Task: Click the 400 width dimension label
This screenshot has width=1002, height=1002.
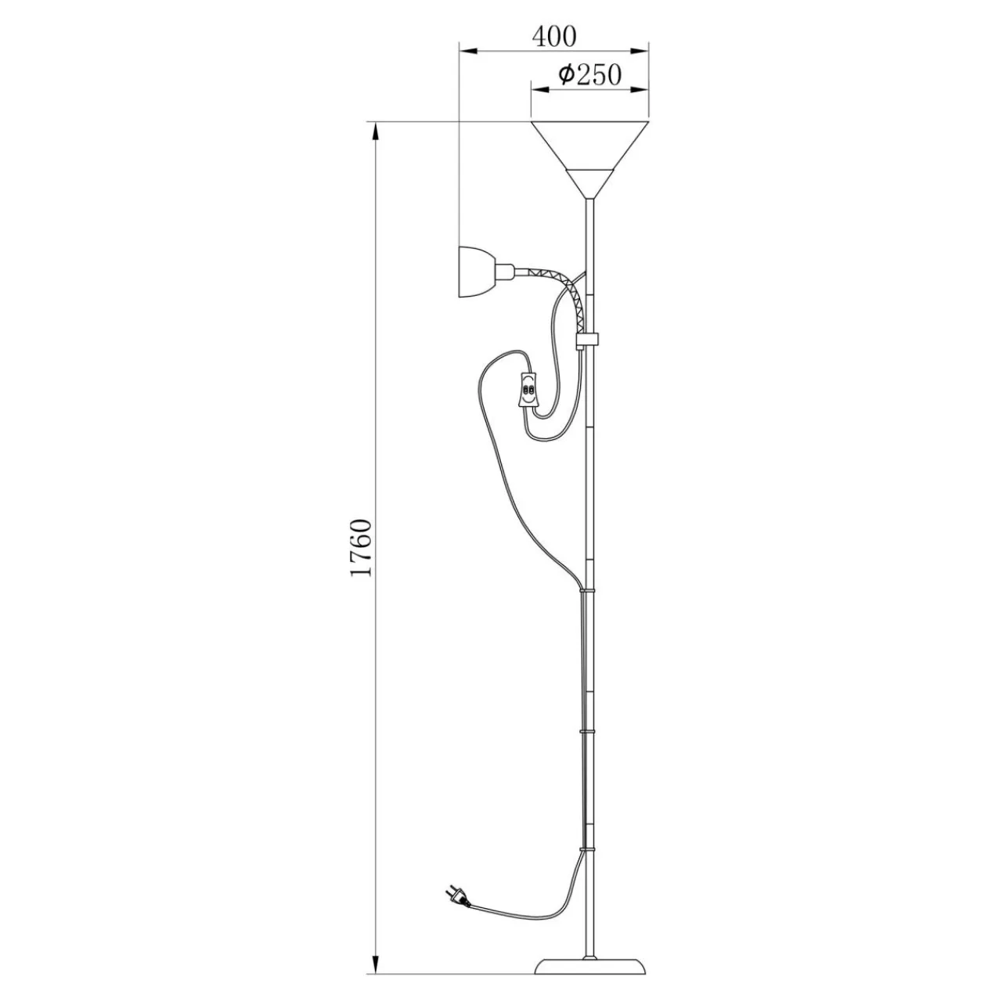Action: coord(553,37)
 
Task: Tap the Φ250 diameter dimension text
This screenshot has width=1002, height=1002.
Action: coord(589,75)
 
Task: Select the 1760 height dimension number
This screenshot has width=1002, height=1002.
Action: coord(360,547)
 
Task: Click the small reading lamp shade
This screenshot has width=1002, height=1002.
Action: coord(475,272)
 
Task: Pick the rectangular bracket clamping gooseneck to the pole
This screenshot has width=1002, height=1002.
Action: coord(588,341)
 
